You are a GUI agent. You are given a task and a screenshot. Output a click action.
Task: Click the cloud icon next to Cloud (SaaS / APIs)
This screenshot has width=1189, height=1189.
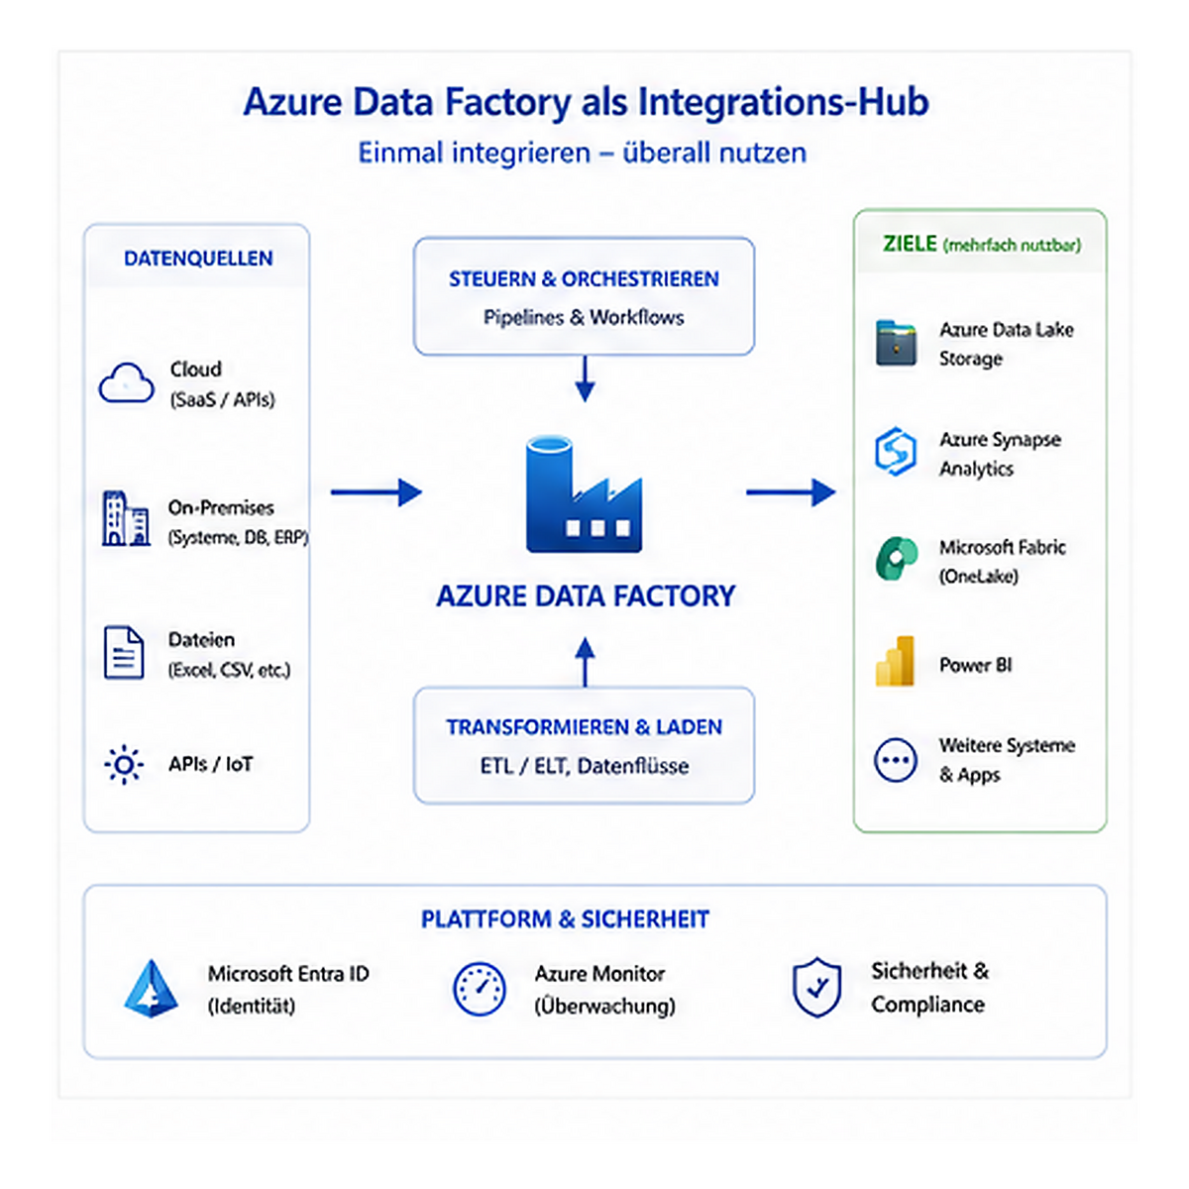click(x=127, y=382)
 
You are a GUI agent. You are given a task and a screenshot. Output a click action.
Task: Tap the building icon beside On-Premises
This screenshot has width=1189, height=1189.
click(x=125, y=518)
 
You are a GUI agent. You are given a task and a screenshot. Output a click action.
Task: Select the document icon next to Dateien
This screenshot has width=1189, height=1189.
click(x=124, y=652)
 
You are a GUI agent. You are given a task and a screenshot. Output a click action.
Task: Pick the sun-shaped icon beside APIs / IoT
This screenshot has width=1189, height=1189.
click(x=124, y=765)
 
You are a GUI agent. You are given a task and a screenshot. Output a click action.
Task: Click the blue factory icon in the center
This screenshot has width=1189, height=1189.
click(x=584, y=493)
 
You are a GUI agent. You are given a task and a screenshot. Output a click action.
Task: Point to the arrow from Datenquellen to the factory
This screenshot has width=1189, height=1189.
click(x=377, y=491)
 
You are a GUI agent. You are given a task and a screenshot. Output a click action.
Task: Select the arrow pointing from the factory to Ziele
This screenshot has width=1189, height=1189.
click(x=791, y=491)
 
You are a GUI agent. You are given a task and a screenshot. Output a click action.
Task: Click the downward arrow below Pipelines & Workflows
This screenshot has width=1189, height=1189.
click(x=585, y=378)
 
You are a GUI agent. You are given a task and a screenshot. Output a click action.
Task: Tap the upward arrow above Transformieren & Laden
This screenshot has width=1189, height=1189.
click(x=585, y=662)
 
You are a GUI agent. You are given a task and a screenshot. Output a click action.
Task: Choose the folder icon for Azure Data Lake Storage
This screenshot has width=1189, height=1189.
click(x=896, y=343)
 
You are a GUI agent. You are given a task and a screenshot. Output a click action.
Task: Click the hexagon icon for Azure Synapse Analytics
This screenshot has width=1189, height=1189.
click(x=896, y=451)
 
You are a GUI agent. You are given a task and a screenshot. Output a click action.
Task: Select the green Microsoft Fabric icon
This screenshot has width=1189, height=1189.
click(x=897, y=559)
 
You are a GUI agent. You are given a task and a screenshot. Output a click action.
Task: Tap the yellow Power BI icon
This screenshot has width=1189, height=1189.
click(x=895, y=662)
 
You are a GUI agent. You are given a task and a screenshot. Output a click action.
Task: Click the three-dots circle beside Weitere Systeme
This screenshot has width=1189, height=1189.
click(x=896, y=760)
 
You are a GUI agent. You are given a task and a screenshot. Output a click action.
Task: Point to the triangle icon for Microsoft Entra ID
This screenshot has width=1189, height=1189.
click(x=152, y=989)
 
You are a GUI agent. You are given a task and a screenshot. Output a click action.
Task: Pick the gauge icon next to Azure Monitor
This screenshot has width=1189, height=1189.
click(x=479, y=989)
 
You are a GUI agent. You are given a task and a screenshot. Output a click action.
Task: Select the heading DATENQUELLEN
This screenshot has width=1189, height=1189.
click(x=198, y=258)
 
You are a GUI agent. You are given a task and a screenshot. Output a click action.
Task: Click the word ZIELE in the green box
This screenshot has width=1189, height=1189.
click(x=910, y=244)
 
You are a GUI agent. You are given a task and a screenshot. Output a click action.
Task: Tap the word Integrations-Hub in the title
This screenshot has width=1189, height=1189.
click(x=783, y=102)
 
